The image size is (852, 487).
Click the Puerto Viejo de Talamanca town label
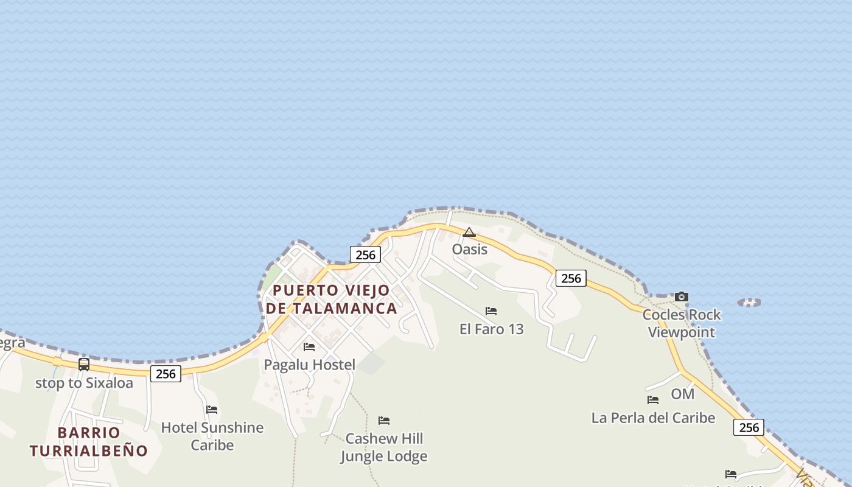click(x=331, y=299)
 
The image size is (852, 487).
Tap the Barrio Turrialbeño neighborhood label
click(x=89, y=441)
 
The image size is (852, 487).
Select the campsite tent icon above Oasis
click(x=469, y=232)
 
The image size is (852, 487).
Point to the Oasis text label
click(x=469, y=249)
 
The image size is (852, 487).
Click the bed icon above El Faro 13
click(x=491, y=311)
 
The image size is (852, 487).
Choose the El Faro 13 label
click(x=491, y=329)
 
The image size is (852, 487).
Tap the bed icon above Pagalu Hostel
click(x=309, y=347)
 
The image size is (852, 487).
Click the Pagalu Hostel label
click(x=309, y=365)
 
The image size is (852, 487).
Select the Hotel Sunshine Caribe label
click(x=212, y=436)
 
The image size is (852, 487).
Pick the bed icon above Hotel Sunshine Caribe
click(x=212, y=410)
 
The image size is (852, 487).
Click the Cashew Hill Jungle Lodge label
click(x=383, y=447)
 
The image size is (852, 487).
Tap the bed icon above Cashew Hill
click(x=384, y=421)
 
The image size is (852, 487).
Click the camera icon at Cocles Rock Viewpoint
click(x=682, y=297)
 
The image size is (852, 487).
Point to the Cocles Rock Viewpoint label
click(x=682, y=323)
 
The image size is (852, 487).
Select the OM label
click(x=682, y=394)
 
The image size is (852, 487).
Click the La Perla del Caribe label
click(x=653, y=418)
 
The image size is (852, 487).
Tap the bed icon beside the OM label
click(x=653, y=400)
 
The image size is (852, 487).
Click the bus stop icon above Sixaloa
click(x=84, y=365)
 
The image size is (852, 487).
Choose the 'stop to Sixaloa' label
click(x=84, y=383)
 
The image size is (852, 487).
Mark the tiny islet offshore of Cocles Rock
click(x=749, y=302)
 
